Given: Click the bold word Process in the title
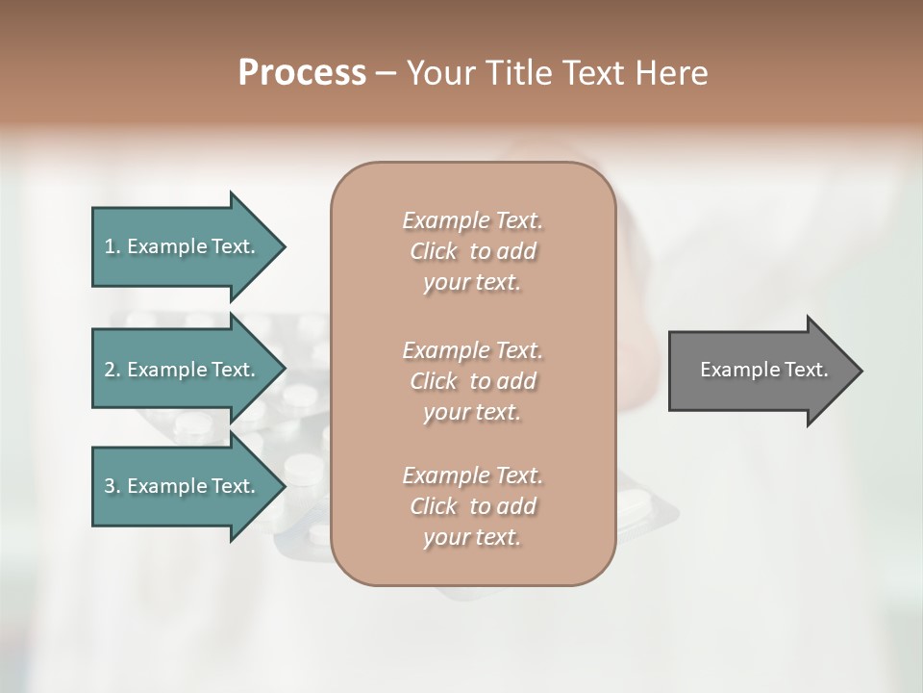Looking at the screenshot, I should tap(302, 73).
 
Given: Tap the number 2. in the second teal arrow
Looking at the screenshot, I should tap(112, 370).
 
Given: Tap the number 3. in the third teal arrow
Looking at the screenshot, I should tap(112, 487).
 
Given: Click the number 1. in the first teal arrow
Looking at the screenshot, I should tap(112, 246).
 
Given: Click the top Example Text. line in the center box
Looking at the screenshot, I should tap(472, 221).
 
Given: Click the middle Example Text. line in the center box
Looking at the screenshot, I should tap(472, 350).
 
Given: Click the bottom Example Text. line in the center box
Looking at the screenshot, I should tap(472, 475).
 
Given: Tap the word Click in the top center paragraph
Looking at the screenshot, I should tap(434, 252).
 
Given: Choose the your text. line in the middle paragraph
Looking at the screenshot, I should tap(472, 412).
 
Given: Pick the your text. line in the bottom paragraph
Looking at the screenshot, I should tap(472, 538).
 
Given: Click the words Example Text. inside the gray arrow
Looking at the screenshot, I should tap(763, 370).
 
